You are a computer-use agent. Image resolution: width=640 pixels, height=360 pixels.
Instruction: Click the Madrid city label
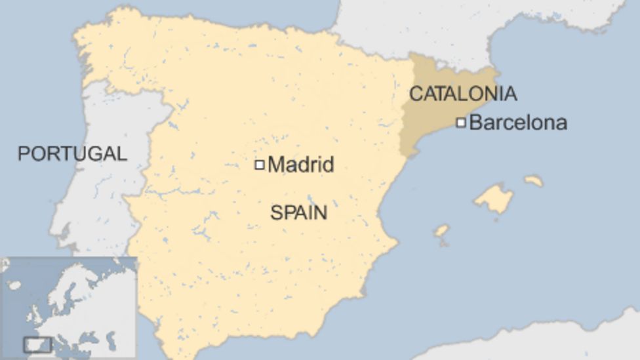301,164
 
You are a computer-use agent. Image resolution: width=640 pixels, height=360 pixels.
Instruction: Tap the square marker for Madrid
260,165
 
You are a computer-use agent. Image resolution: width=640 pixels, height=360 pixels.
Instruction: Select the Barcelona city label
518,123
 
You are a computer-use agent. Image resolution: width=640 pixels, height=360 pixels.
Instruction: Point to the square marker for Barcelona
461,122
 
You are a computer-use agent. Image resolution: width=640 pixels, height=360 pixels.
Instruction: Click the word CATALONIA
463,94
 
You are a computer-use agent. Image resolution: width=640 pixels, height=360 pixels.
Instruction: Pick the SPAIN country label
298,212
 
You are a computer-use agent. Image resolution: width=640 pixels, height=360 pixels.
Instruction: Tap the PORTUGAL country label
72,153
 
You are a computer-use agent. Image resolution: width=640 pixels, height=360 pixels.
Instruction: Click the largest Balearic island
494,199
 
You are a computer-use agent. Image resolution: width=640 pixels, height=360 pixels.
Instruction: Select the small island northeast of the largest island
534,180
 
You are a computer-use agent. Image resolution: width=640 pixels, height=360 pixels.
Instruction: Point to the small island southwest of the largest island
441,231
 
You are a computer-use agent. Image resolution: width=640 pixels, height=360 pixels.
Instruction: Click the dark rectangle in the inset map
37,344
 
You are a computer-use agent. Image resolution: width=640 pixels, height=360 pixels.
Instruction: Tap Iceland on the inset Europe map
14,285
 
